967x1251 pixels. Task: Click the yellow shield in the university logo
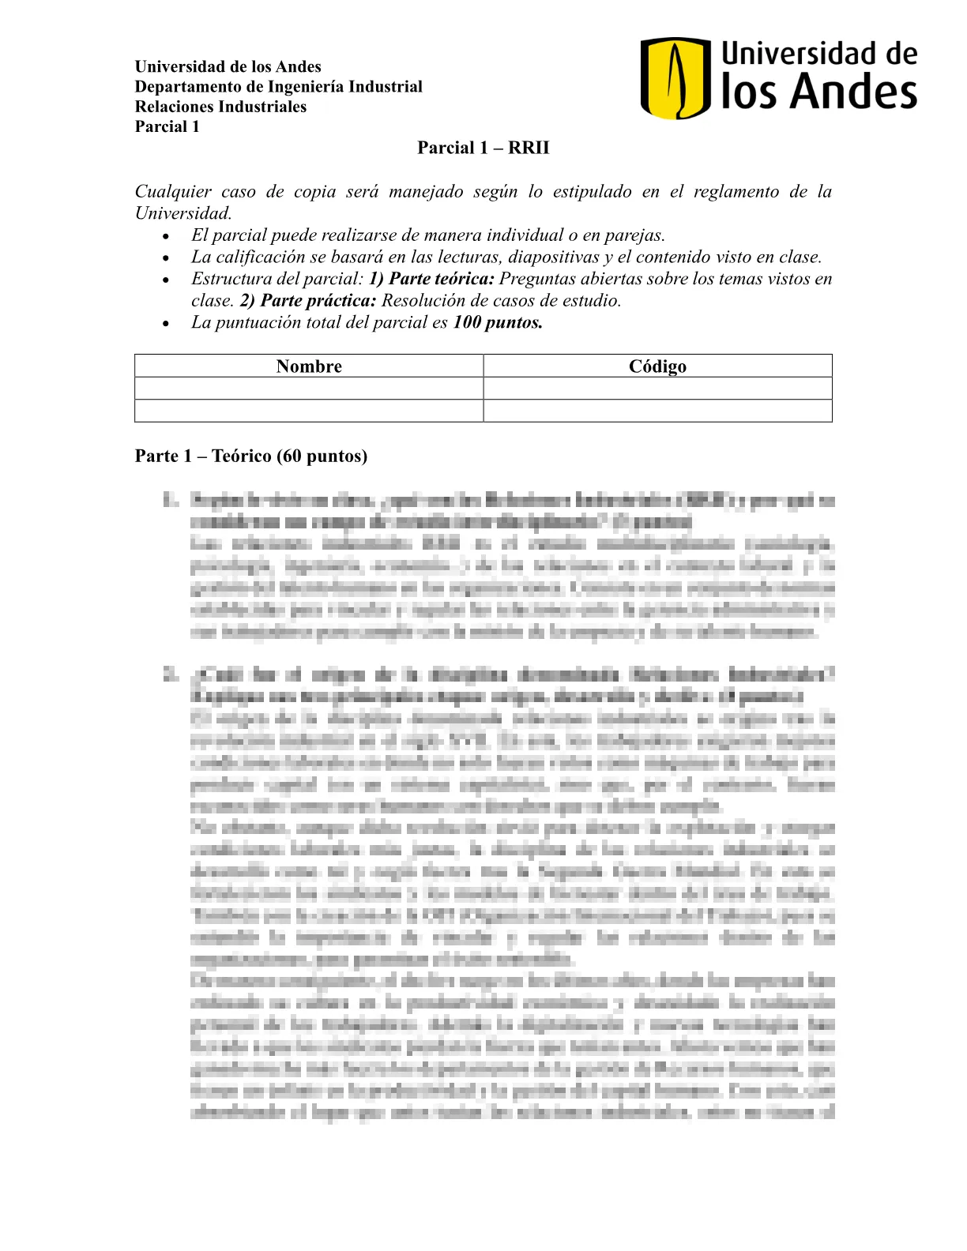point(674,78)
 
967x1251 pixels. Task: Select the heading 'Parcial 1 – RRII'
point(483,148)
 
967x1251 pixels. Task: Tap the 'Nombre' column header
point(309,366)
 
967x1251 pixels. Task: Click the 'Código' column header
point(657,366)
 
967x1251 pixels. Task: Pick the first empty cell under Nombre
point(309,389)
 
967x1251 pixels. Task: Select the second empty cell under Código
point(657,411)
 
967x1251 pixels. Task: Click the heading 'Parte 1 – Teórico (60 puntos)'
point(251,456)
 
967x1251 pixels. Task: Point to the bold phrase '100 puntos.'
point(498,322)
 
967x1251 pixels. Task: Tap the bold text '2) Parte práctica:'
point(308,301)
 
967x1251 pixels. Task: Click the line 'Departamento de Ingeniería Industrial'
point(278,86)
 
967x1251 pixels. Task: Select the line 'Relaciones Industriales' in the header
point(220,107)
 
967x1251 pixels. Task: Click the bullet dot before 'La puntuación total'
point(165,323)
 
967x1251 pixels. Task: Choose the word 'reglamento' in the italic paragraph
point(736,192)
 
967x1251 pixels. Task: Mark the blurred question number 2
point(170,674)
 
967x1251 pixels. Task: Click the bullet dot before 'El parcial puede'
point(165,236)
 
